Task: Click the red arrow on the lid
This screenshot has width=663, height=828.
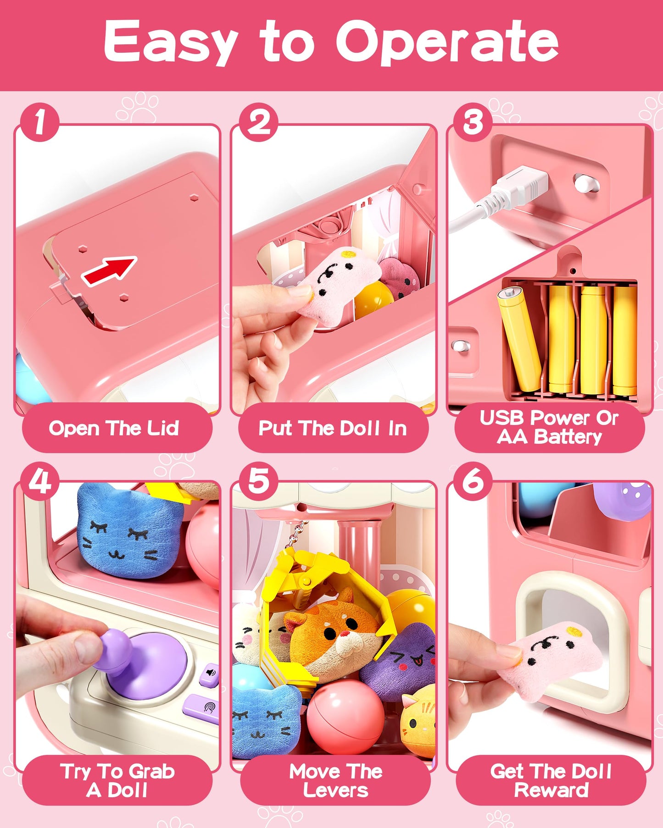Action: [x=109, y=271]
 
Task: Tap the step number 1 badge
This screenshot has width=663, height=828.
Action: [x=39, y=122]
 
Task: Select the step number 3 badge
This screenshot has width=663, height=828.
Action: [x=473, y=122]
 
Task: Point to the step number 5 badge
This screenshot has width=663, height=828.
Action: [x=259, y=481]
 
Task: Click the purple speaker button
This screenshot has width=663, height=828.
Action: [x=210, y=673]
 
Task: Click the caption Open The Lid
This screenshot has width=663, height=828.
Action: [x=114, y=428]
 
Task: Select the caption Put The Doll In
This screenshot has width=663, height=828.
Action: [x=333, y=428]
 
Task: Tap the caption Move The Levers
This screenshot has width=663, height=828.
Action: [x=335, y=780]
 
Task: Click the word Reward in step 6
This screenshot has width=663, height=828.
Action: [x=551, y=790]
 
